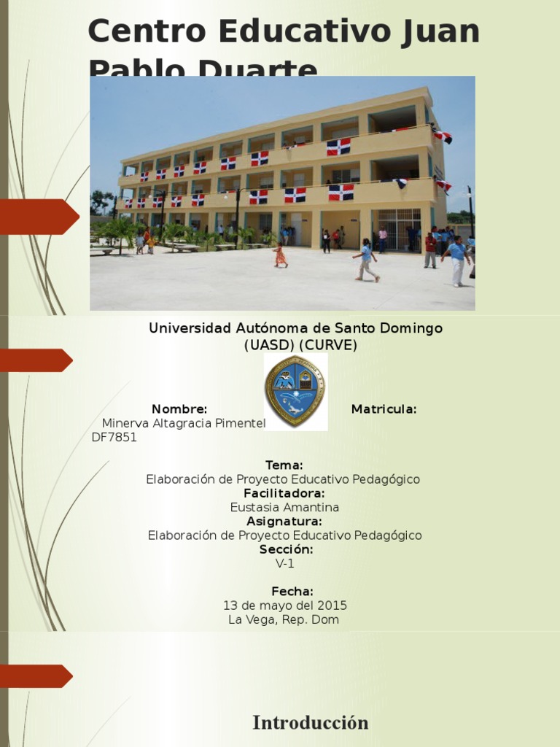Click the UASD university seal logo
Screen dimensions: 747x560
(x=295, y=391)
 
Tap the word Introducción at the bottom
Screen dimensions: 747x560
(x=310, y=723)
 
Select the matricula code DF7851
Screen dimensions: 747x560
(x=114, y=438)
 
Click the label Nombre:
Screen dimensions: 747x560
(x=179, y=409)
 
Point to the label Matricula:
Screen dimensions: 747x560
(x=384, y=409)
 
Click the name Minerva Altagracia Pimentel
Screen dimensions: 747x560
(x=184, y=423)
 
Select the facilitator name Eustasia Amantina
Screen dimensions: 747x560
(x=284, y=507)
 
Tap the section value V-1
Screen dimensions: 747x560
(x=284, y=563)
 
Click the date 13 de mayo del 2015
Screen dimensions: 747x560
(x=284, y=605)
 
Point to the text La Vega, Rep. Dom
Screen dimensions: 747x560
(x=284, y=620)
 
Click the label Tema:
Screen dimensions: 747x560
(x=284, y=465)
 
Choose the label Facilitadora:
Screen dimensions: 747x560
(x=284, y=494)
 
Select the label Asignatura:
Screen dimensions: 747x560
(x=284, y=522)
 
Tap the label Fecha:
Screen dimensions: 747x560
(x=292, y=592)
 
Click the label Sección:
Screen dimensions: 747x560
(x=286, y=549)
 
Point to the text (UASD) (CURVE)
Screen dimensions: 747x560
(x=300, y=345)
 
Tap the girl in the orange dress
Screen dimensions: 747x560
(x=280, y=255)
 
